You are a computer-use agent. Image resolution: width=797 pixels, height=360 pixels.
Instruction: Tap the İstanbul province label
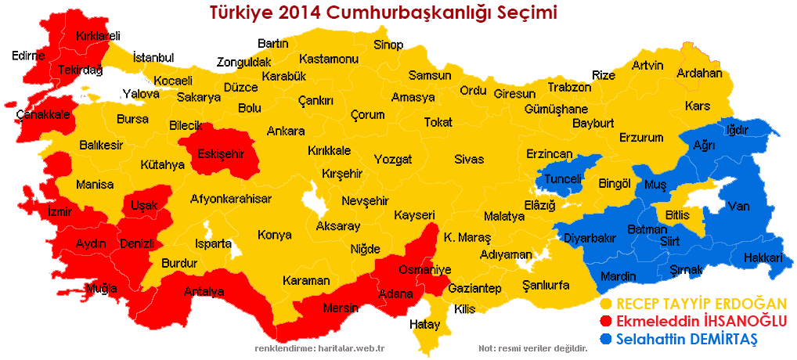tap(153, 57)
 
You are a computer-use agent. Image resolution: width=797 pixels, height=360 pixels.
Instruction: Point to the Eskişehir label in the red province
tap(221, 153)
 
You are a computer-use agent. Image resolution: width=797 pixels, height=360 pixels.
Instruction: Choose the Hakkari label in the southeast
tap(763, 257)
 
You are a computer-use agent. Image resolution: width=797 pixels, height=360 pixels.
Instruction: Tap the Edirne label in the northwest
tap(29, 56)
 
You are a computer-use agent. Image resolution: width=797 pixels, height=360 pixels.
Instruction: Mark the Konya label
tap(274, 235)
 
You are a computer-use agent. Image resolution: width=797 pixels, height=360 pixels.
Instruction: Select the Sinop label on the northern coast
tap(388, 44)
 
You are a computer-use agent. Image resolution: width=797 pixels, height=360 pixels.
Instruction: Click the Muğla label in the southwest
tap(102, 288)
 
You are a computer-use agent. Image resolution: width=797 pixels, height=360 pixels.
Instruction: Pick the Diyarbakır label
tap(590, 238)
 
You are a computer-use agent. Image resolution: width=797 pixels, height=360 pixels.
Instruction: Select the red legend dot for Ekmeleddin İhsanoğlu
tap(605, 322)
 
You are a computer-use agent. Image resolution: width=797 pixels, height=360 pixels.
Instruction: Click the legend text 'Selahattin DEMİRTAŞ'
tap(687, 340)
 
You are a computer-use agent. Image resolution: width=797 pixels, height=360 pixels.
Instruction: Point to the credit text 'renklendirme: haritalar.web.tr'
tap(325, 347)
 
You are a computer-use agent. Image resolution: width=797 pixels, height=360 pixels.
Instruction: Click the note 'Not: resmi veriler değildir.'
tap(532, 347)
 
